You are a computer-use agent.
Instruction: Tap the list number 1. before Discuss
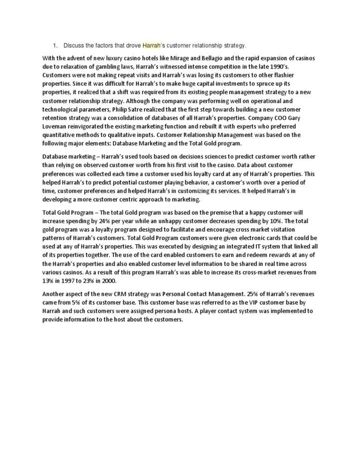pyautogui.click(x=55, y=45)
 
